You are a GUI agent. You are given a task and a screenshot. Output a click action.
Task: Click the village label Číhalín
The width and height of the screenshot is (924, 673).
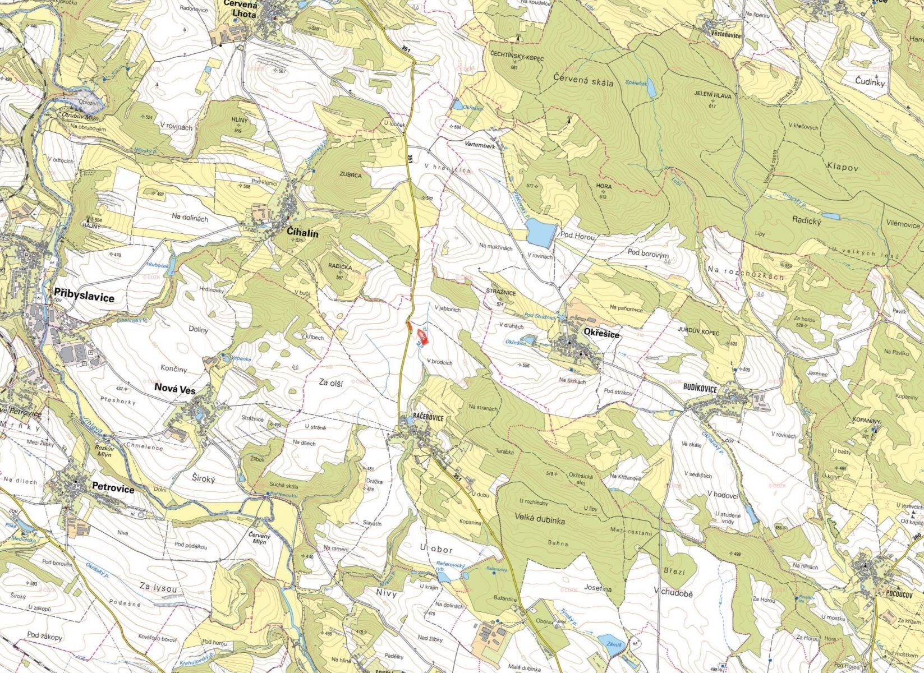pos(302,234)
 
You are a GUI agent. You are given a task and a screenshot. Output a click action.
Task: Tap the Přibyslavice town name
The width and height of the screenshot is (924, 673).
pos(85,297)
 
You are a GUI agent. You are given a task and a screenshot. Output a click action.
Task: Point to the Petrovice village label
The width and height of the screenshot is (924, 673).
pos(113,489)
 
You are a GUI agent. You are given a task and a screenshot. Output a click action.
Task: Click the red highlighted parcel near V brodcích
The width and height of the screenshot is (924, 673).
pos(422,338)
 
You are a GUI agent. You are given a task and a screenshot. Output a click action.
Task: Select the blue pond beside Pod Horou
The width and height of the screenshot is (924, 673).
pos(540,233)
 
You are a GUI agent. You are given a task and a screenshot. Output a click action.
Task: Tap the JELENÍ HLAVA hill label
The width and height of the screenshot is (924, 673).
pos(712,96)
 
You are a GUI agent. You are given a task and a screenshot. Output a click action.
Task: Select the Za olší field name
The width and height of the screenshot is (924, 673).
pos(331,382)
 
